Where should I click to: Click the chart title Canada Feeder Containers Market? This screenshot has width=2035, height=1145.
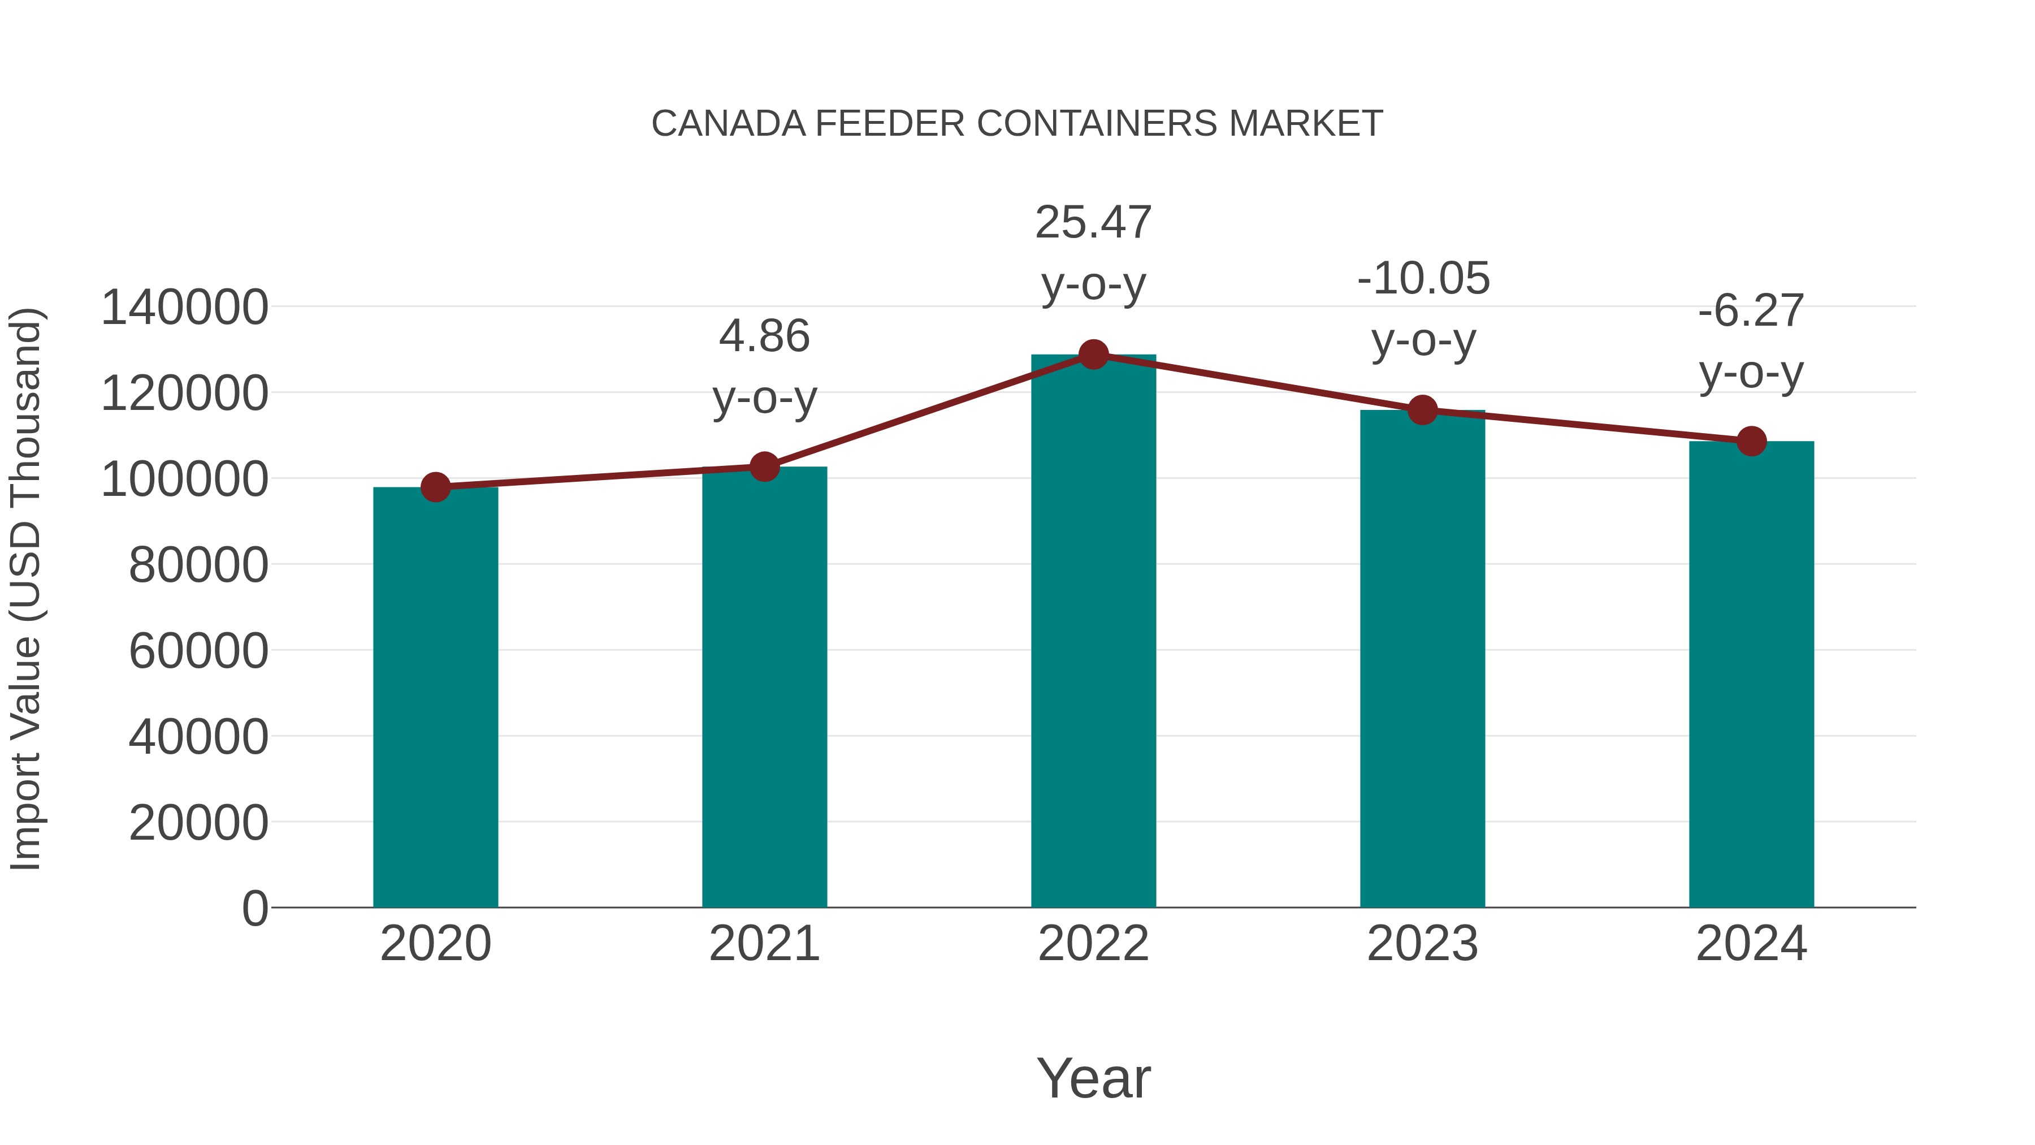[x=1017, y=124]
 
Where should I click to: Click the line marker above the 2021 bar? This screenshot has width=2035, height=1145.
[x=764, y=467]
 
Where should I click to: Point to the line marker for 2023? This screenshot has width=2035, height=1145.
[x=1423, y=410]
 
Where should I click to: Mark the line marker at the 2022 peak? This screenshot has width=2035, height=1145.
[x=1093, y=355]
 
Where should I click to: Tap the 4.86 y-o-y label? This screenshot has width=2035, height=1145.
[x=764, y=366]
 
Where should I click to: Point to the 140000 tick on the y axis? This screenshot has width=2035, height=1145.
[x=185, y=308]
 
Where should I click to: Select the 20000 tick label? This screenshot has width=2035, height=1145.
[x=198, y=823]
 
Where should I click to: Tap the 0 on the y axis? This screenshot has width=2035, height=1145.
[x=255, y=908]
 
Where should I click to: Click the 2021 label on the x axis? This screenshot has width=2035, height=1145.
[x=764, y=944]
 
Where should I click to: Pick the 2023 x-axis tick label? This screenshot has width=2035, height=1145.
[x=1422, y=944]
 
